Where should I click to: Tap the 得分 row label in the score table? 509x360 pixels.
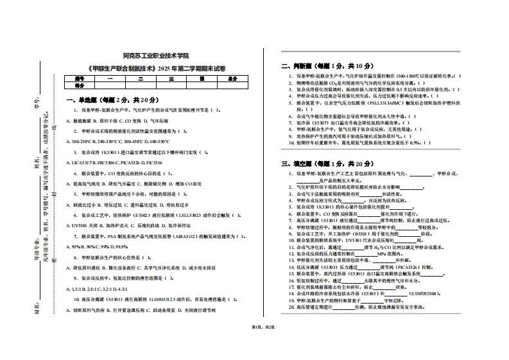[x=80, y=85]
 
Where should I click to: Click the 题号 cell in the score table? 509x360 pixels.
[x=80, y=78]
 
